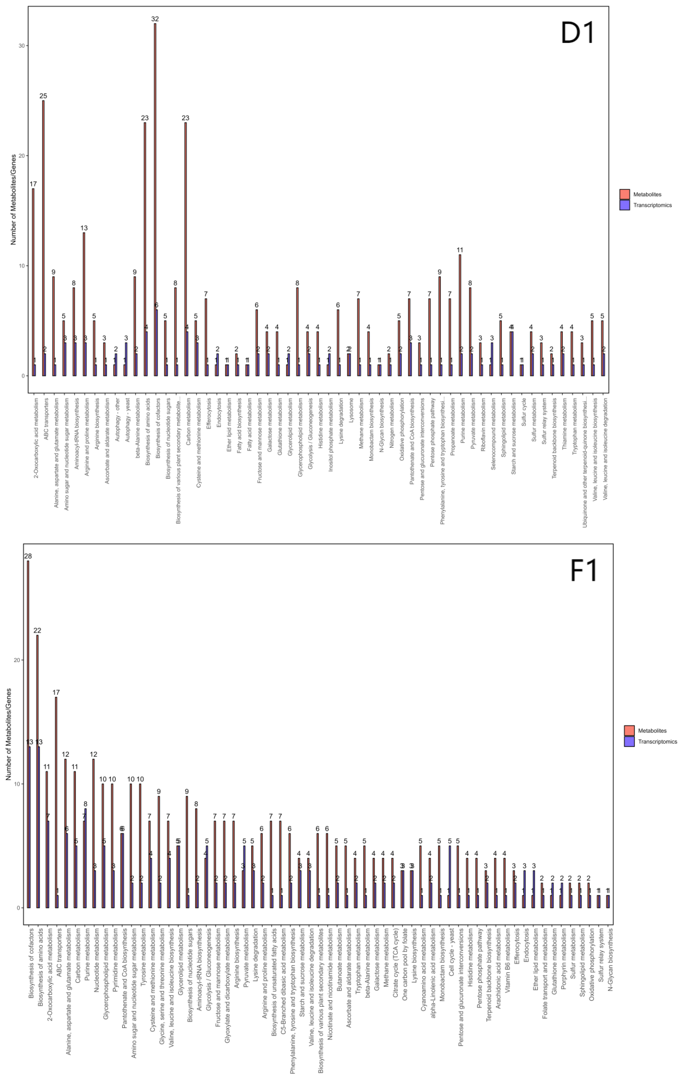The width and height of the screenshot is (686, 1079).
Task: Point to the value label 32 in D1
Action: click(155, 19)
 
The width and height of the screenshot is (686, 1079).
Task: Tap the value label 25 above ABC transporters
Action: click(43, 96)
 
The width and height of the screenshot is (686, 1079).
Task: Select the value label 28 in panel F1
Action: click(28, 556)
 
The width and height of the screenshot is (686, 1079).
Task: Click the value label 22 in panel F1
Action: click(37, 631)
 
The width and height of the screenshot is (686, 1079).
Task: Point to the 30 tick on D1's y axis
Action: click(21, 46)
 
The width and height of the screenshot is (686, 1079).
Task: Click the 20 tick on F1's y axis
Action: click(17, 660)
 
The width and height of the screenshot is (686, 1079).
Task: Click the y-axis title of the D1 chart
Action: click(13, 199)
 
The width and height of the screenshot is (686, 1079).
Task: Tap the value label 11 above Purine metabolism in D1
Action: click(460, 250)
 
